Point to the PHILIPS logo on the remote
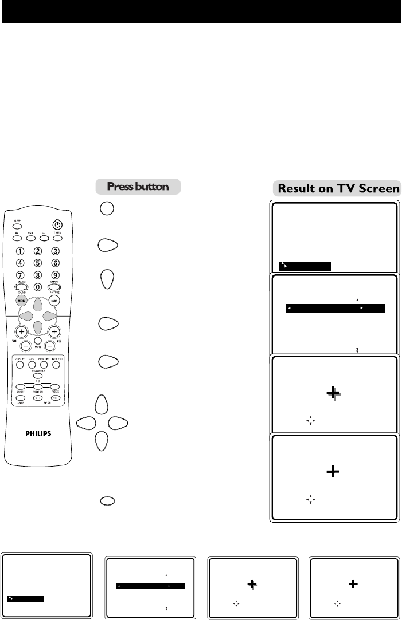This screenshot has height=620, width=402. coord(37,433)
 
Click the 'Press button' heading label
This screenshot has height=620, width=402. coord(138,187)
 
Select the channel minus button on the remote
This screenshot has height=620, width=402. coord(54,346)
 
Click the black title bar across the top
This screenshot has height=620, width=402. coord(201,11)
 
